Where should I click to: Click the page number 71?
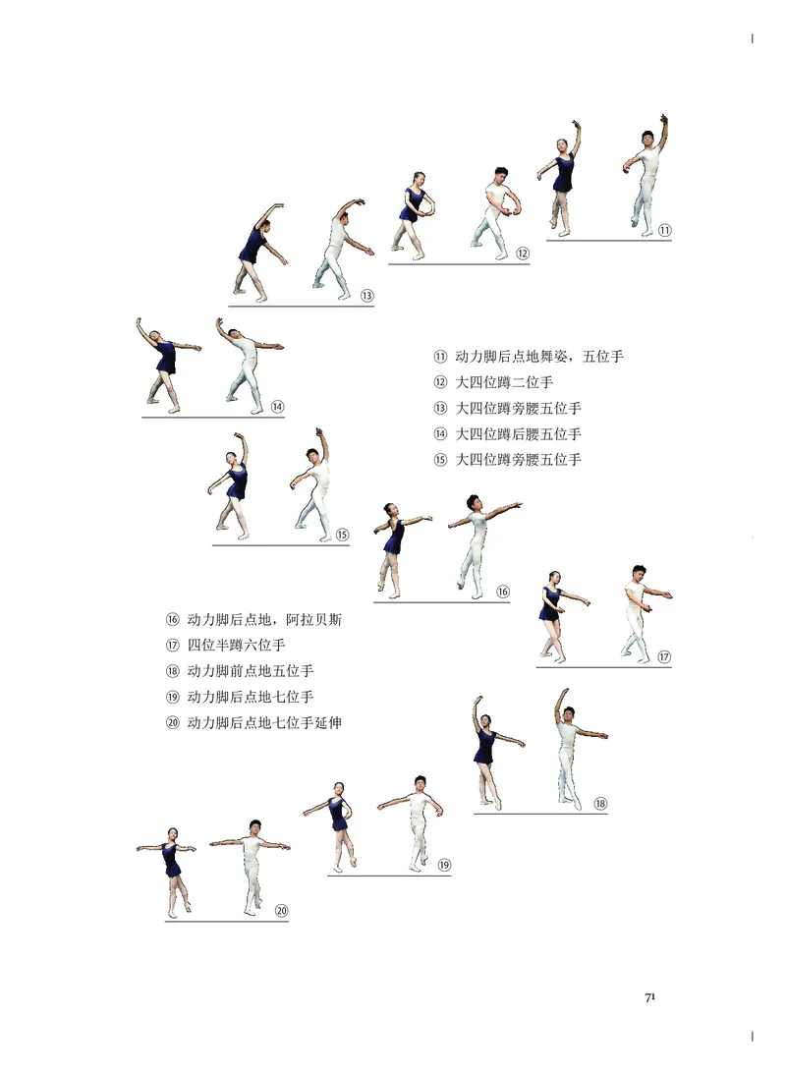coord(649,997)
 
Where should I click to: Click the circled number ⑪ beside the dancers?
coord(664,231)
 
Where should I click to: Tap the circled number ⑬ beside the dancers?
coord(366,296)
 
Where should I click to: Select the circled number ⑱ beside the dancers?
coord(599,803)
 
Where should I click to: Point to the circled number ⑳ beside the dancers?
coord(281,911)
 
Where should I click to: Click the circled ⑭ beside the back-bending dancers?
coord(277,407)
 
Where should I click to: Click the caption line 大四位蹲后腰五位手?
coord(518,433)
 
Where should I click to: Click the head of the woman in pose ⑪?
coord(564,145)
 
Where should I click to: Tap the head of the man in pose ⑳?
coord(254,826)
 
